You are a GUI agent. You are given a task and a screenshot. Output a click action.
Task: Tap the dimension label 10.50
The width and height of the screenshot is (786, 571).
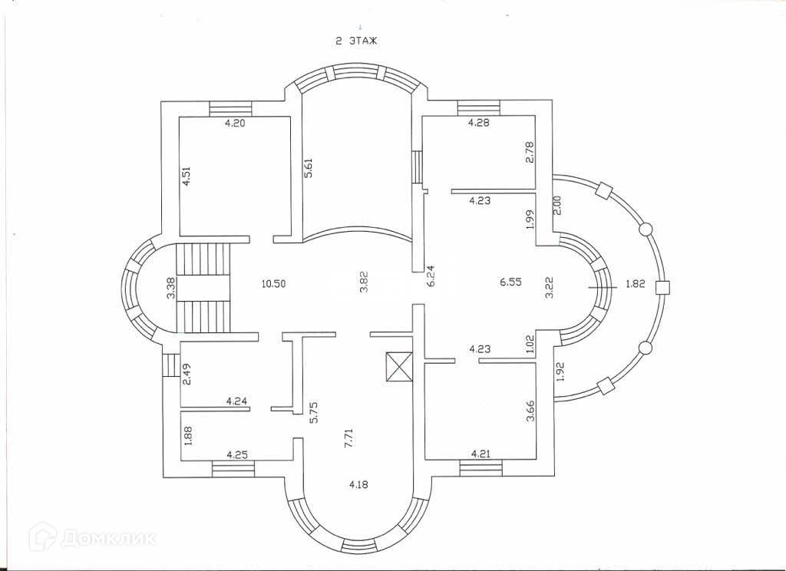[273, 283]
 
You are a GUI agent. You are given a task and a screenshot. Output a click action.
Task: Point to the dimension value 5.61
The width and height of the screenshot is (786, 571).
[309, 167]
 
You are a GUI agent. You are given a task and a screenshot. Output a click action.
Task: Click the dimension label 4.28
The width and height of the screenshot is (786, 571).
[479, 121]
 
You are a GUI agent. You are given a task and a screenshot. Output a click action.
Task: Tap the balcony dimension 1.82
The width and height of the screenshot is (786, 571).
[635, 283]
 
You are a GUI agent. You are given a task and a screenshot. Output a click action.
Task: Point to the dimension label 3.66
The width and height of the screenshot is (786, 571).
[529, 426]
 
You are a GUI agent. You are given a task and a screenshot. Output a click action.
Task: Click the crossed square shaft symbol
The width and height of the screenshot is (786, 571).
[399, 367]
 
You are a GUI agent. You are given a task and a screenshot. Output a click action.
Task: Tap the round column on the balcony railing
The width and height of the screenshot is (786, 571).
[645, 228]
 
